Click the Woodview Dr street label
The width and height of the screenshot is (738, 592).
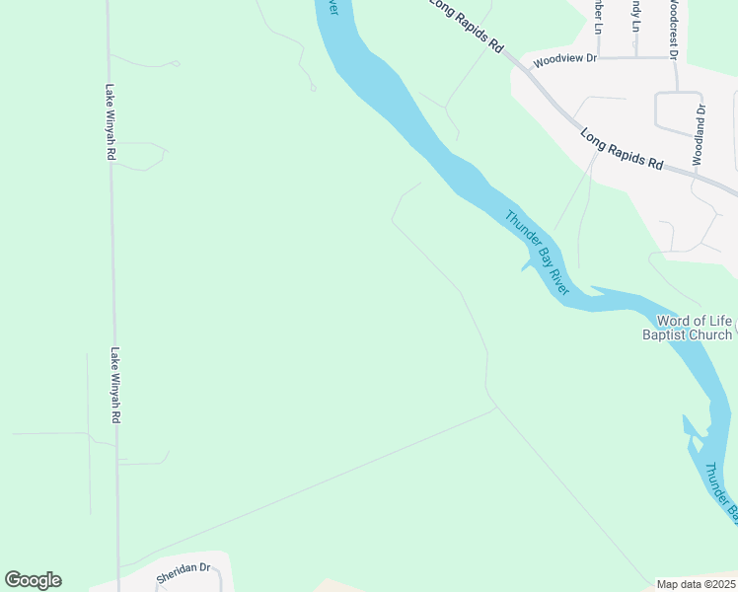tap(565, 59)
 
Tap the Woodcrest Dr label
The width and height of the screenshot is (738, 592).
tap(672, 23)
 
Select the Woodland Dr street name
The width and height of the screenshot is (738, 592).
tap(699, 134)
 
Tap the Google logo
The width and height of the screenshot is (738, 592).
tap(33, 580)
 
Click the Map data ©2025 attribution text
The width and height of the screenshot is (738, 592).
tap(696, 584)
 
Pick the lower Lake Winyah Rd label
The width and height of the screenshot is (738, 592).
tap(115, 385)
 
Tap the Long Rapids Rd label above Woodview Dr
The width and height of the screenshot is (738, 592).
tap(466, 25)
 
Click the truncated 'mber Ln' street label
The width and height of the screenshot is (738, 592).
tap(596, 15)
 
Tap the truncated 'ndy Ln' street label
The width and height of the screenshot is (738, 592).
tap(636, 15)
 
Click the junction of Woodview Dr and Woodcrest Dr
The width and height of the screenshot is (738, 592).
tap(674, 57)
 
